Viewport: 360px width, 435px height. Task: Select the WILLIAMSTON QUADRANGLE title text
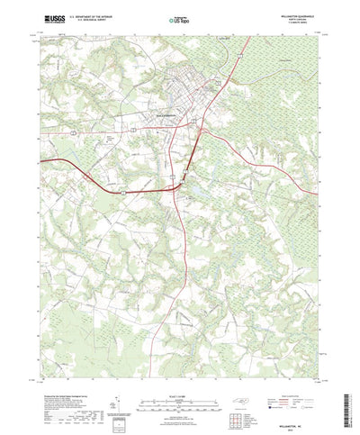pyautogui.click(x=298, y=14)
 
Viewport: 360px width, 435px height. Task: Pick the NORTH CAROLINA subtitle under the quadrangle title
pyautogui.click(x=298, y=18)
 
